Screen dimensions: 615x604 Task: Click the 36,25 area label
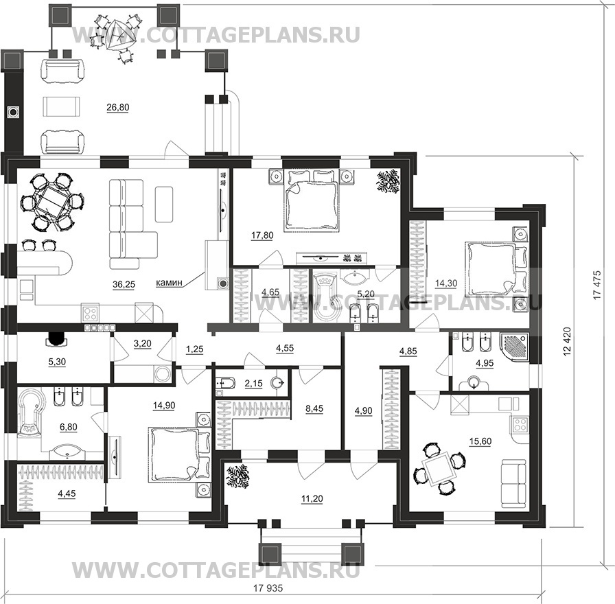pos(124,285)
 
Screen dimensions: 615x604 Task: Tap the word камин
pos(169,282)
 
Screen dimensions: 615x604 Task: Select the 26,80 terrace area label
pos(117,108)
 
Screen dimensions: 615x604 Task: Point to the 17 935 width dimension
pos(268,588)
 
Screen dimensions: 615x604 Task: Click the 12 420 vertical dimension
pos(567,342)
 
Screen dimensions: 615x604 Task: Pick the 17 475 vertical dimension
pos(596,285)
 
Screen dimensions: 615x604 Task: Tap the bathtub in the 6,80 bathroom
pos(30,411)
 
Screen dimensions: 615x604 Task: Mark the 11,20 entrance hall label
pos(312,499)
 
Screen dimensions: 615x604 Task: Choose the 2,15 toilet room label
pos(253,383)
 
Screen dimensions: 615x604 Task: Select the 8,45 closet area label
pos(314,408)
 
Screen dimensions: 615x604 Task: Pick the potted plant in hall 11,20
pos(237,476)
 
